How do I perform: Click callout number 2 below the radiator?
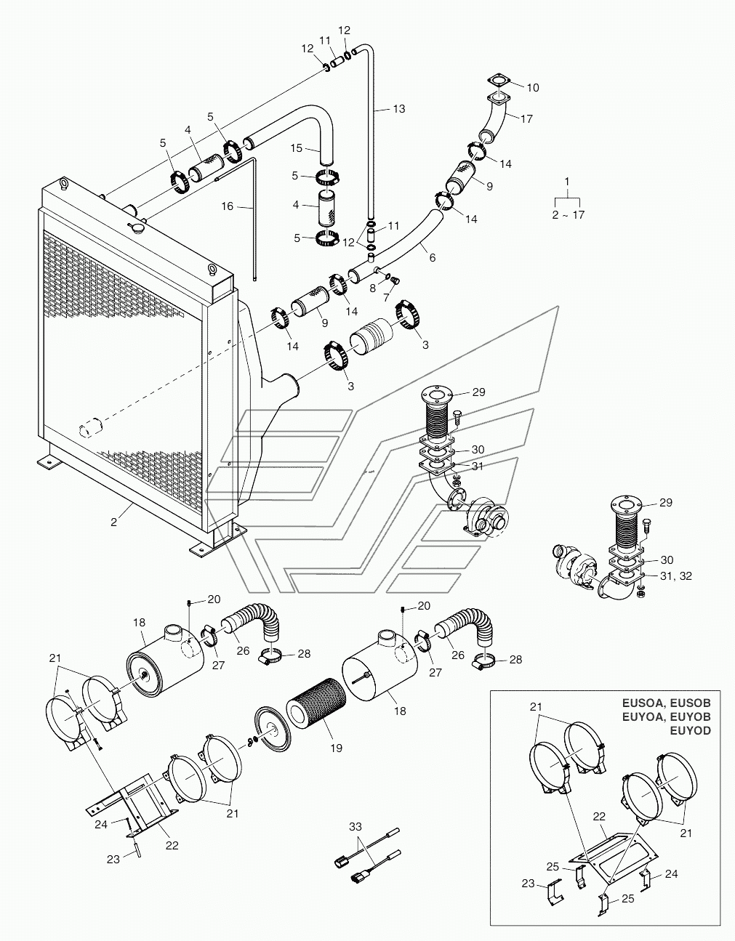click(113, 522)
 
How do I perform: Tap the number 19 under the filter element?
click(336, 748)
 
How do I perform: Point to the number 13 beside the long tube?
click(399, 109)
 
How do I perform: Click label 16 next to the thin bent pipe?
click(228, 206)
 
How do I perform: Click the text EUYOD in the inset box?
click(691, 730)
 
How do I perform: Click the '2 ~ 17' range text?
click(569, 215)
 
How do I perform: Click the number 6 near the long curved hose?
click(432, 258)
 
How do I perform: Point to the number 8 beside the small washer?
click(373, 288)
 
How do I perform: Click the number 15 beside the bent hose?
click(296, 148)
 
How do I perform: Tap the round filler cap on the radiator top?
click(136, 227)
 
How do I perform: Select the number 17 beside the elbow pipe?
click(526, 118)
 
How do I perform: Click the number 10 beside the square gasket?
click(533, 87)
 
